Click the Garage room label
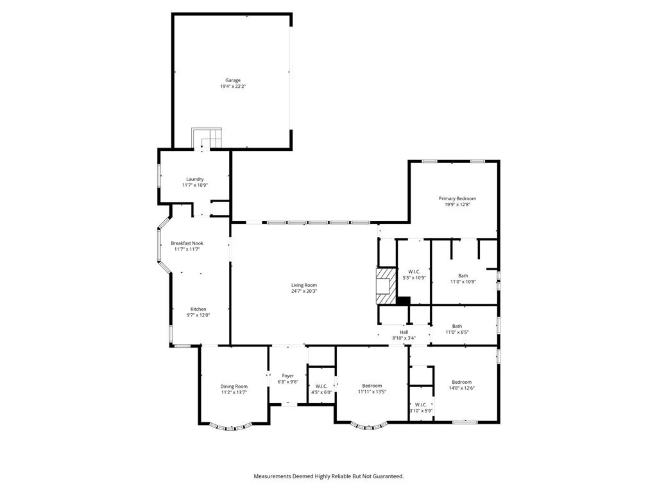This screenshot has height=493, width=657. [232, 80]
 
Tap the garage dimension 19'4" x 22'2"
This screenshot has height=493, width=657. [232, 86]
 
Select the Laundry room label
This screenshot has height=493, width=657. [195, 179]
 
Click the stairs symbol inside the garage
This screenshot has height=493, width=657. [207, 138]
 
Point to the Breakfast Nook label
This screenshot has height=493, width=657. [187, 243]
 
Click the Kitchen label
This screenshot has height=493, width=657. [198, 309]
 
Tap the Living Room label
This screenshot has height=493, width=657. [304, 285]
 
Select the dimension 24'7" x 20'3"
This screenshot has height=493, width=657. [304, 291]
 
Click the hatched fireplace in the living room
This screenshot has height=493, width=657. [384, 285]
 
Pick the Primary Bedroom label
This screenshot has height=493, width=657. [457, 198]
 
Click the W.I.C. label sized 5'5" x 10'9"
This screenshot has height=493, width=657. [414, 272]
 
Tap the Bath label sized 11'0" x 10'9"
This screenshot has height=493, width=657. [463, 276]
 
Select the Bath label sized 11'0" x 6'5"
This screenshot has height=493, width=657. [457, 326]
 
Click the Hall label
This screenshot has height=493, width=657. [404, 332]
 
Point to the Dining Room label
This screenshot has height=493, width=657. [234, 386]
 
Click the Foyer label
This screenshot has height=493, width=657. [288, 376]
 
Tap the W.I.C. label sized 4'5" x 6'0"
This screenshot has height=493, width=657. [321, 386]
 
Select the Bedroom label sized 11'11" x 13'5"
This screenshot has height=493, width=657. [372, 385]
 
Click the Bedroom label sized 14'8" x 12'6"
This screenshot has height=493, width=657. [461, 382]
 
